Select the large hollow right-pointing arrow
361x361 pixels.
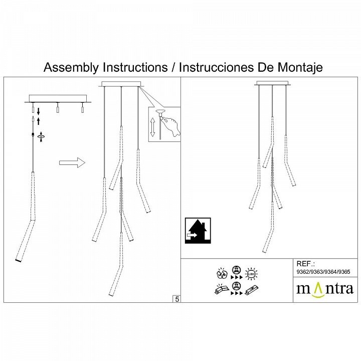click(72, 162)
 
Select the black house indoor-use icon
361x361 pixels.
click(198, 231)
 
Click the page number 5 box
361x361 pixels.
click(176, 299)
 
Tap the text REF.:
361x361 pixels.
click(305, 264)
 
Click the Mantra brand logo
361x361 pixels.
click(325, 289)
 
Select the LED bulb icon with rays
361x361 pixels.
click(251, 274)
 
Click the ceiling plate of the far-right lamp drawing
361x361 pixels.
click(272, 83)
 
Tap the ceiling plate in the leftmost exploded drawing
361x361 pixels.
click(58, 98)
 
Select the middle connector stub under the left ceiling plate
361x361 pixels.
click(58, 108)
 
